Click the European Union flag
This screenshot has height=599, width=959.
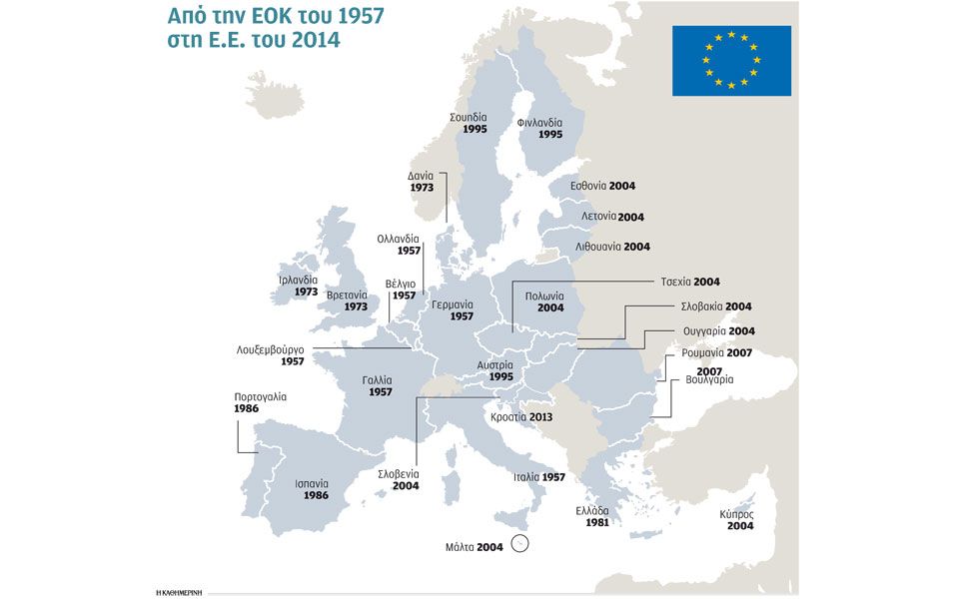click(x=731, y=61)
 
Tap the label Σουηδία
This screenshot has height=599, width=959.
click(x=469, y=117)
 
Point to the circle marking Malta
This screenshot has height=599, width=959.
click(x=519, y=544)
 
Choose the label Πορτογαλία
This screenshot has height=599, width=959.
click(x=260, y=396)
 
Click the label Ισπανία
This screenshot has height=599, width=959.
click(x=312, y=484)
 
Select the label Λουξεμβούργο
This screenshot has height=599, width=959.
click(x=270, y=350)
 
